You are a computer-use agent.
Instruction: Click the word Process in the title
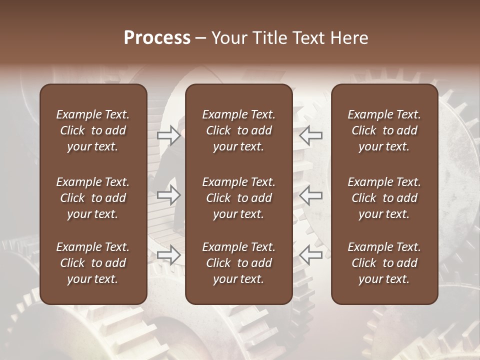click(157, 38)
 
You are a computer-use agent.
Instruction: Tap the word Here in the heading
click(348, 38)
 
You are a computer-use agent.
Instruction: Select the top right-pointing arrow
click(168, 134)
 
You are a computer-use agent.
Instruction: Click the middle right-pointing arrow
click(168, 195)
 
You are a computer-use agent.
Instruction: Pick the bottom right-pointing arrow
click(168, 255)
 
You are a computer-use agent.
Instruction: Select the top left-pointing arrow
click(311, 134)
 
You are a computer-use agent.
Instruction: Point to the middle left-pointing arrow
click(311, 195)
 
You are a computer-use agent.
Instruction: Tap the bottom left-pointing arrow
click(311, 255)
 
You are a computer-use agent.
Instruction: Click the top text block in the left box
click(93, 130)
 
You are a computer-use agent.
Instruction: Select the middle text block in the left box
click(93, 198)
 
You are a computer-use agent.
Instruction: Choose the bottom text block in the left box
click(93, 263)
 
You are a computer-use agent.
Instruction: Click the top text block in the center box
click(239, 130)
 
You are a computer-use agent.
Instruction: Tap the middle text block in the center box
click(239, 198)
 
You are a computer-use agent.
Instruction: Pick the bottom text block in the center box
click(239, 263)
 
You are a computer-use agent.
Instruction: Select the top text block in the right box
click(384, 130)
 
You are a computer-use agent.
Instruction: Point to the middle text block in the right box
click(384, 198)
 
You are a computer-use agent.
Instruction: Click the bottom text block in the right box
click(384, 263)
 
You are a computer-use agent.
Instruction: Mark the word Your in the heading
click(228, 38)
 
